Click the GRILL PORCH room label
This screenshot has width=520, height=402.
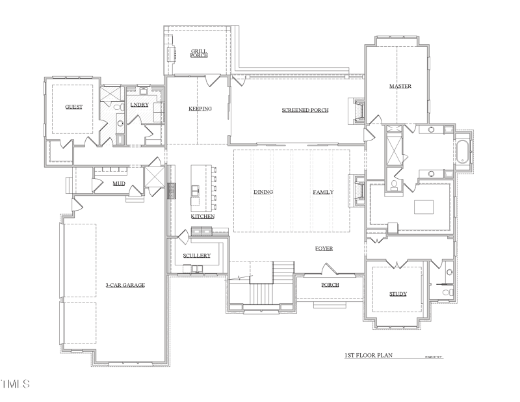point(199,53)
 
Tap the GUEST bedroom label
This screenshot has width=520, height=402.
point(73,107)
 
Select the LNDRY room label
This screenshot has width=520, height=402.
point(140,105)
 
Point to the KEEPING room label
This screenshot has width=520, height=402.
point(200,109)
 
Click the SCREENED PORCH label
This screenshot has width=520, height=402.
point(305,110)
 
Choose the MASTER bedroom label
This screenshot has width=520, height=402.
point(400,87)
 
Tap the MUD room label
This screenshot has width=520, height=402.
point(118,183)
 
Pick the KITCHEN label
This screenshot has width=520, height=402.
point(203,216)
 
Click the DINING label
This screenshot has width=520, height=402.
point(263,192)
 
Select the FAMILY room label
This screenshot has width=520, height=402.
point(323,192)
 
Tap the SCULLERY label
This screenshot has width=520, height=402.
point(197,256)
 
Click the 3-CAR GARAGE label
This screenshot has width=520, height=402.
point(125,285)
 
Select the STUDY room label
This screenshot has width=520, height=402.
point(398,294)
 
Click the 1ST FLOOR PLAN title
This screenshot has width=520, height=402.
point(369,356)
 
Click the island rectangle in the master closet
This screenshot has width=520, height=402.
point(424,207)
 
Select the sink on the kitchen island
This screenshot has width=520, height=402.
point(196,190)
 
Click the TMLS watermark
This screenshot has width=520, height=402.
point(16,384)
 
